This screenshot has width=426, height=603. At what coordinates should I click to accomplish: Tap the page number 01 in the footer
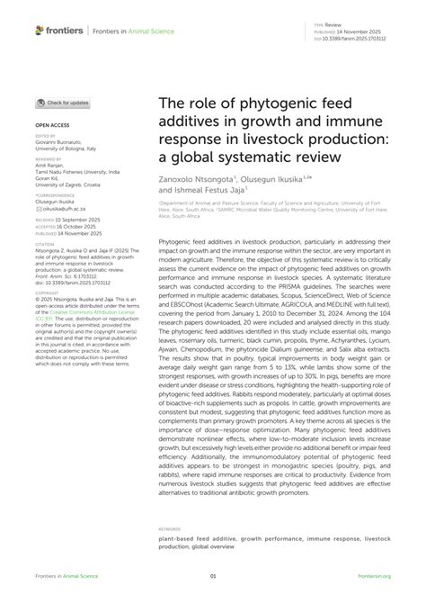click(213, 575)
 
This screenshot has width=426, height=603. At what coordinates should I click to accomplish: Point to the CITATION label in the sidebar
click(45, 243)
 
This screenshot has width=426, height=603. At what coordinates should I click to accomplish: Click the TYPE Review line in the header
click(331, 26)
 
